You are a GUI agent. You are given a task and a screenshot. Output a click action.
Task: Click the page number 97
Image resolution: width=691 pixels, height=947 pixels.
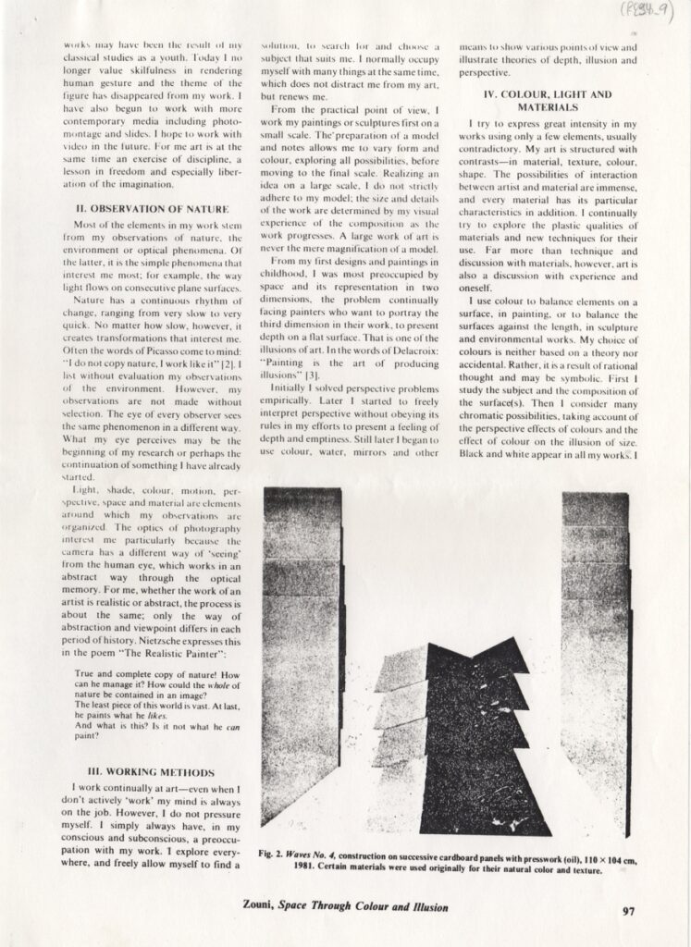pos(628,910)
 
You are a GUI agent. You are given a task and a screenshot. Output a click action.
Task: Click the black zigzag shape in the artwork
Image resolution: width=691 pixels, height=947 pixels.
pos(472,740)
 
